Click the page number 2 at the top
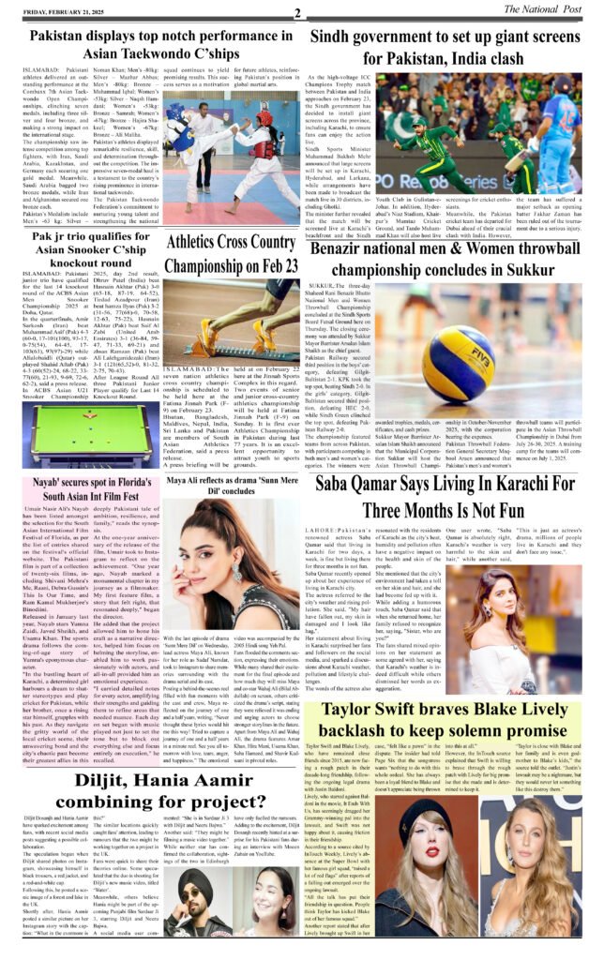pyautogui.click(x=297, y=12)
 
